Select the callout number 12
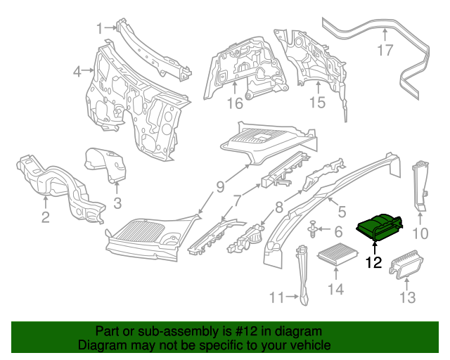pos(373,263)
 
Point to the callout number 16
pos(234,103)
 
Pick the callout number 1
pos(99,28)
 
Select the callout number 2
pos(45,217)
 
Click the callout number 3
pos(117,204)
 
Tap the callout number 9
pos(220,187)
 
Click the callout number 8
pos(279,207)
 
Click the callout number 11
pos(278,297)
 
